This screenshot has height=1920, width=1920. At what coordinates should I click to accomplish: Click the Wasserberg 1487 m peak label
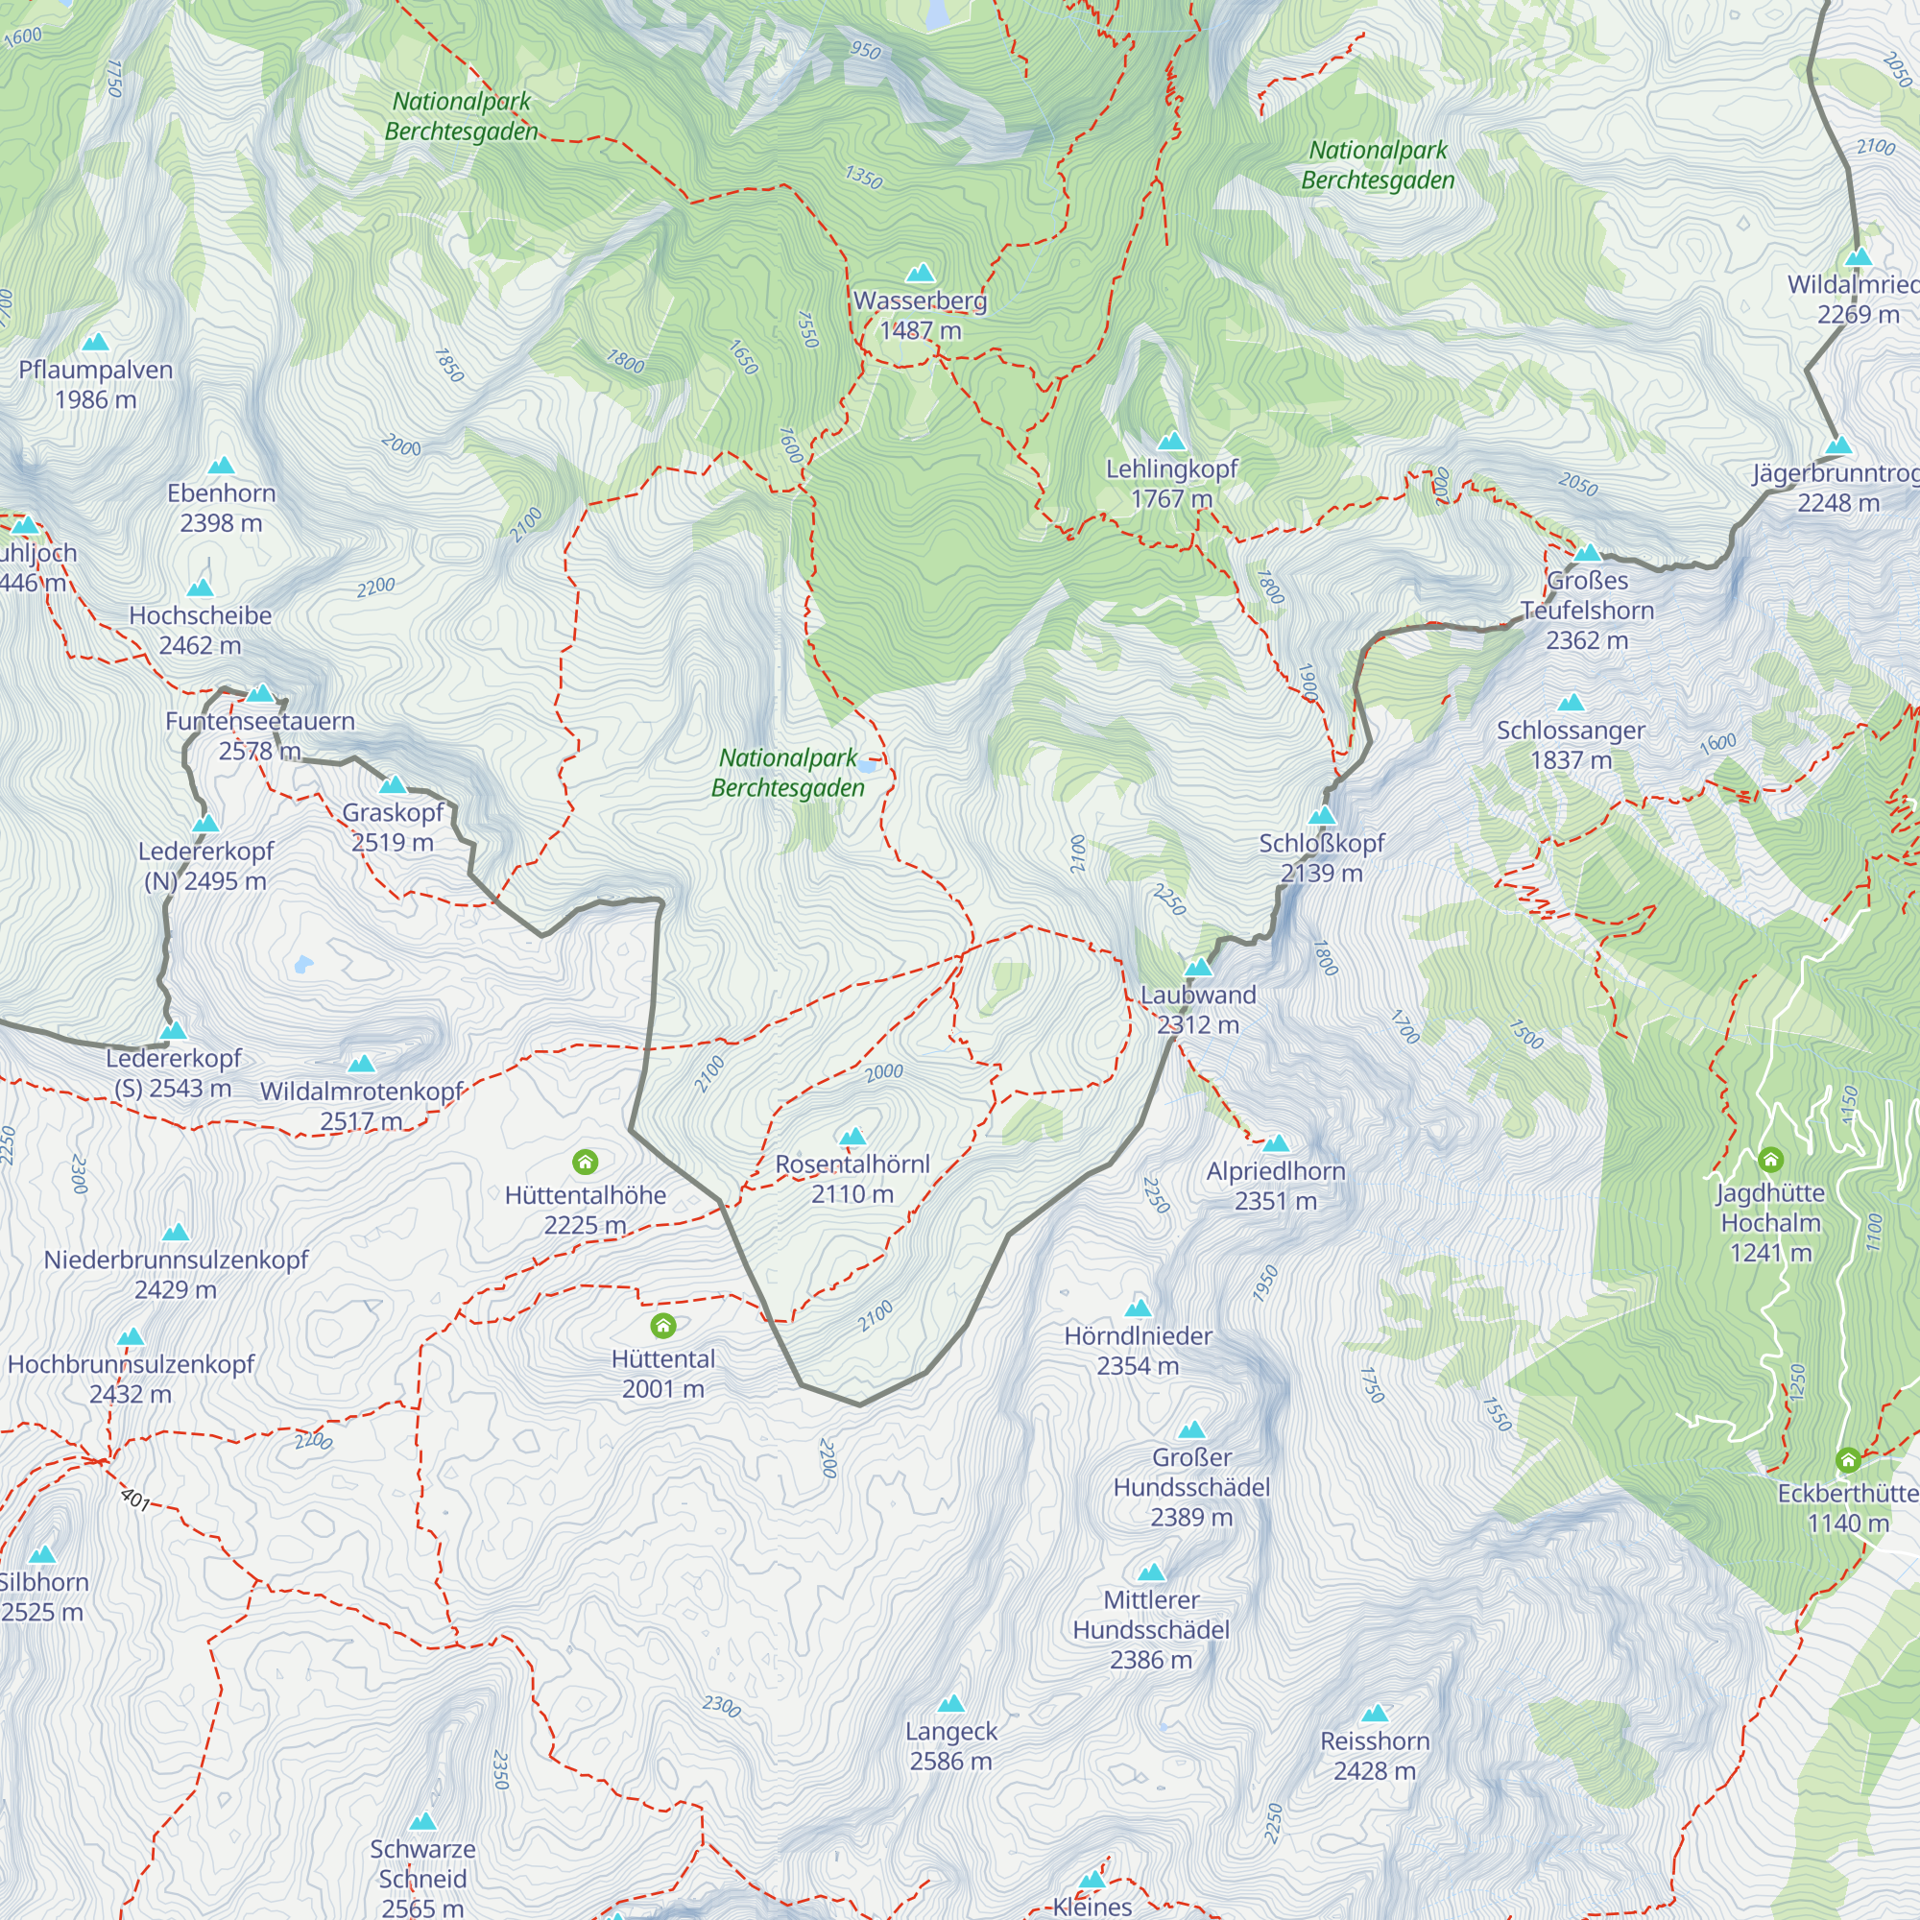(x=921, y=315)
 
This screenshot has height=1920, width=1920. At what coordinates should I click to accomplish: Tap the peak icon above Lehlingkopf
(x=1171, y=441)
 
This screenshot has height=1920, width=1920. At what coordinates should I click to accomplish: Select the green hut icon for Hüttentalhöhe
(x=586, y=1161)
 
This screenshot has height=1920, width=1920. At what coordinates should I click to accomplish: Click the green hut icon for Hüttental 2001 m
(x=662, y=1325)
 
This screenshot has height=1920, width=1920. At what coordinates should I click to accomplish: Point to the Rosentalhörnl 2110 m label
(x=852, y=1179)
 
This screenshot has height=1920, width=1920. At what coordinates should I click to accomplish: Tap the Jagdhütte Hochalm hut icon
(x=1770, y=1159)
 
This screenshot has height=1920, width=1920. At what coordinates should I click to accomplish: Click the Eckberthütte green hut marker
(x=1847, y=1459)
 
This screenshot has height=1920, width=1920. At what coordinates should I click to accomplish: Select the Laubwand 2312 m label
(x=1197, y=1009)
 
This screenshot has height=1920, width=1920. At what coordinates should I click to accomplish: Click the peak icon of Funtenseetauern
(x=260, y=693)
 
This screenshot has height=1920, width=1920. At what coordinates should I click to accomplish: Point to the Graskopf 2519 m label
(x=393, y=827)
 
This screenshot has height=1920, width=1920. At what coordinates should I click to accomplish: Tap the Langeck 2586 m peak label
(x=951, y=1745)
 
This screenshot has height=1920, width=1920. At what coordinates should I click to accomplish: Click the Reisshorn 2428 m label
(x=1375, y=1755)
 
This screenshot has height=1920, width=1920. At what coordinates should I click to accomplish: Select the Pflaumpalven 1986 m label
(x=95, y=385)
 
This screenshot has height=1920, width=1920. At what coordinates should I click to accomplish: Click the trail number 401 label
(x=135, y=1498)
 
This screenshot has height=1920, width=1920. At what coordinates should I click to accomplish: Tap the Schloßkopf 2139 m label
(x=1321, y=857)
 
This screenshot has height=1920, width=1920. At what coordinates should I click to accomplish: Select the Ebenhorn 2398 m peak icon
(x=221, y=465)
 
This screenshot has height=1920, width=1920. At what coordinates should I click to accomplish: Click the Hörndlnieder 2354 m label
(x=1138, y=1350)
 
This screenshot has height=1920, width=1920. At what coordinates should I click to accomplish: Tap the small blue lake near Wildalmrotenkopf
(x=303, y=963)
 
